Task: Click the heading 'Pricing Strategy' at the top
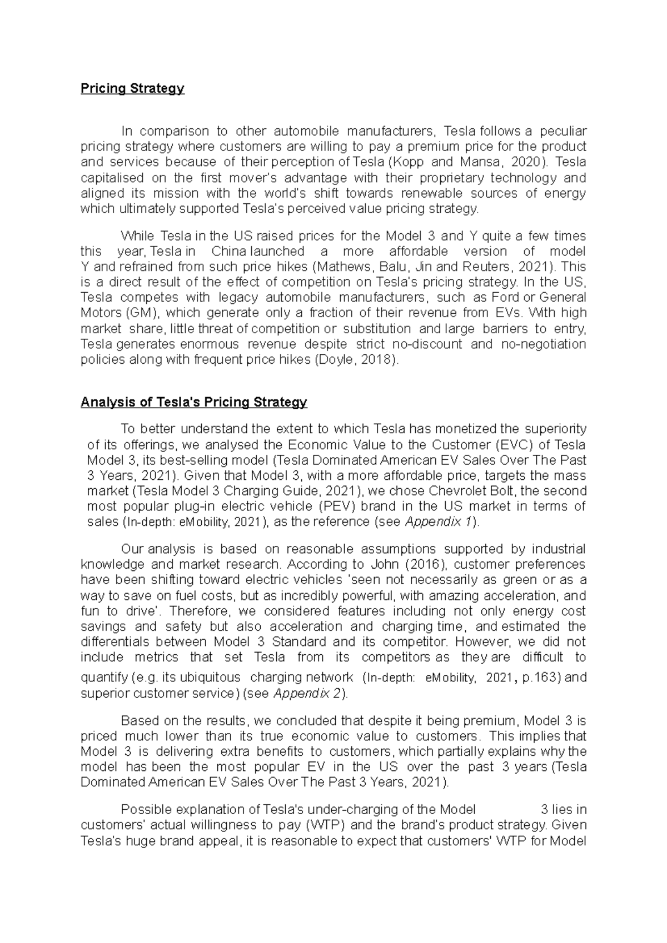click(x=132, y=88)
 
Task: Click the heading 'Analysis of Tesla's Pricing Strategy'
click(x=193, y=402)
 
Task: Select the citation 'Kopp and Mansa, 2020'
click(x=465, y=162)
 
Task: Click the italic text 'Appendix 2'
click(x=308, y=694)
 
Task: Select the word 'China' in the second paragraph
click(x=228, y=251)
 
